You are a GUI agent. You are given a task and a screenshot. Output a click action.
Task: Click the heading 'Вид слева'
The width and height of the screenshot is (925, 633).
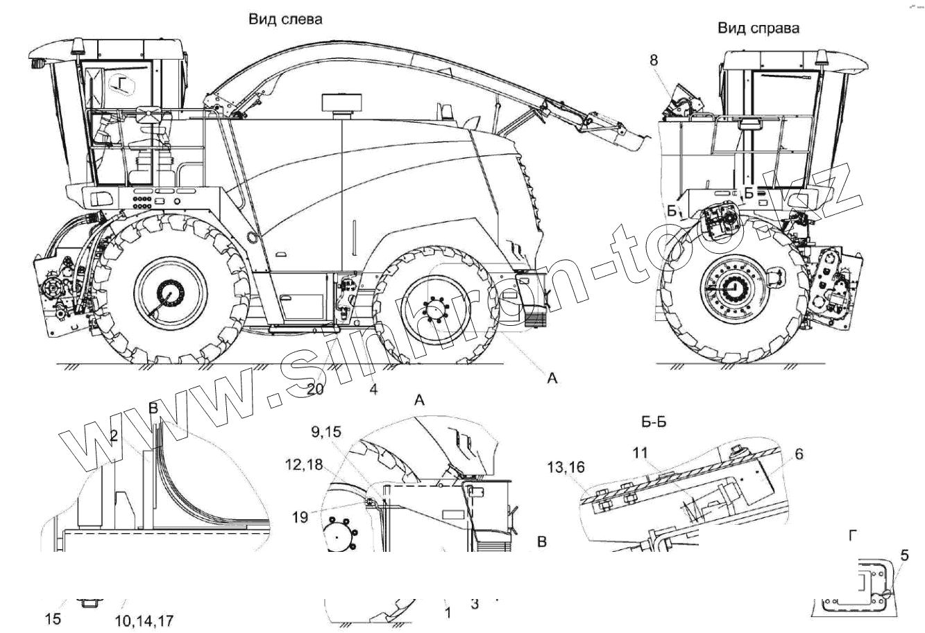286,19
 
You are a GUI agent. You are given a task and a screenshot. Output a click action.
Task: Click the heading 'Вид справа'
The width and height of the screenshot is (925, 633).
758,28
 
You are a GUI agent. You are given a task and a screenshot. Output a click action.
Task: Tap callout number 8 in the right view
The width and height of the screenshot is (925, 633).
654,60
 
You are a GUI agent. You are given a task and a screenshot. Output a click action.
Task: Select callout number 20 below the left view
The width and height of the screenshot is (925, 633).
314,390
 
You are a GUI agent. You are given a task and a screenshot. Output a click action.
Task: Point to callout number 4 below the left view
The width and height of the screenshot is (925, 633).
373,390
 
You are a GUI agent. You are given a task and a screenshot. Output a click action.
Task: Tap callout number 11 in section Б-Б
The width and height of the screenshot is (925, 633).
640,452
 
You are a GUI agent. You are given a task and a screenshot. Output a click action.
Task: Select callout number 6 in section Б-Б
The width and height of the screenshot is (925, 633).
799,454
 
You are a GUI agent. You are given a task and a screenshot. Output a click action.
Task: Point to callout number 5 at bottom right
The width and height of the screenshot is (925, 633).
905,555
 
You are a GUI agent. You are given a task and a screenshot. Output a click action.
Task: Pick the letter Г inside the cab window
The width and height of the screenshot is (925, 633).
123,85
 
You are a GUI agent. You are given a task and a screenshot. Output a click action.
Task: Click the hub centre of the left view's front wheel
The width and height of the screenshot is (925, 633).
169,293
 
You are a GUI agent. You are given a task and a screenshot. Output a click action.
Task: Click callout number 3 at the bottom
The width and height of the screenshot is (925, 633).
475,604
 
